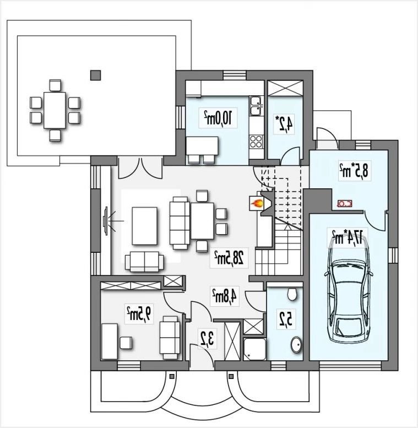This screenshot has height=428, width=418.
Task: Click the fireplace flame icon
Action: (x=257, y=203)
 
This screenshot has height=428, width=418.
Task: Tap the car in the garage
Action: (x=348, y=289)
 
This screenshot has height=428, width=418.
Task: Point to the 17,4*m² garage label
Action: (x=348, y=236)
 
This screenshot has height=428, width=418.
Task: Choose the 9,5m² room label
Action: (x=139, y=313)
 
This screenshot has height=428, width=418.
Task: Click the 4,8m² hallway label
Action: (x=225, y=296)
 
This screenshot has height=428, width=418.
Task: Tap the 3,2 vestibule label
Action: (x=208, y=339)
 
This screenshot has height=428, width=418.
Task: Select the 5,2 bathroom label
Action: (x=285, y=319)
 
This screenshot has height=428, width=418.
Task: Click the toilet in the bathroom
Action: (x=292, y=294)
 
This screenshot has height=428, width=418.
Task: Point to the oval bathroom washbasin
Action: (x=296, y=344)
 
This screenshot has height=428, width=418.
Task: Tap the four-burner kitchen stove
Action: (x=256, y=142)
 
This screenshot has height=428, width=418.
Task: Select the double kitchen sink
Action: (x=256, y=106)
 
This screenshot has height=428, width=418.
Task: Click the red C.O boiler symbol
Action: (x=345, y=203)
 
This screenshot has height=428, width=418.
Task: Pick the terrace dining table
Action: (x=55, y=110)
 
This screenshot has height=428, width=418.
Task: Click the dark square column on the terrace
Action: (x=95, y=75)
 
